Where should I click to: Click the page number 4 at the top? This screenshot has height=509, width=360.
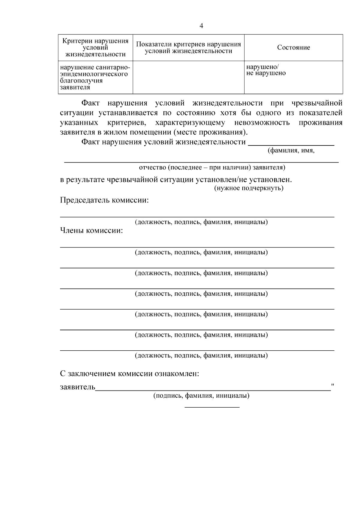tap(201, 26)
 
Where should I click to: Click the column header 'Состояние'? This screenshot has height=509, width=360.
tap(293, 48)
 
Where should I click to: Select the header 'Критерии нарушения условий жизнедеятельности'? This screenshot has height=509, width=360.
tap(95, 48)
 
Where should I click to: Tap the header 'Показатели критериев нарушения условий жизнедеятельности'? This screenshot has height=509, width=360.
tap(188, 48)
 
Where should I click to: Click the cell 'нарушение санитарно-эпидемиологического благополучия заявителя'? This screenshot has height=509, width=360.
tap(95, 77)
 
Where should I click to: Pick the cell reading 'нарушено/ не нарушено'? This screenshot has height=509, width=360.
tap(265, 70)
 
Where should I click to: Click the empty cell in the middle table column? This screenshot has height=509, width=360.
tap(188, 77)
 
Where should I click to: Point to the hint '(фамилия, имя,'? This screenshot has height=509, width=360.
tap(291, 151)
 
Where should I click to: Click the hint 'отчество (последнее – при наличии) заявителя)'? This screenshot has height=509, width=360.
tap(212, 167)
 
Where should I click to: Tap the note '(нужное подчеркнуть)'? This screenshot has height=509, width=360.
tap(249, 188)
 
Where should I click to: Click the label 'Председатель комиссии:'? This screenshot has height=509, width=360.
tap(104, 200)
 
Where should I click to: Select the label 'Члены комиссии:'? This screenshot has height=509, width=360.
tap(91, 231)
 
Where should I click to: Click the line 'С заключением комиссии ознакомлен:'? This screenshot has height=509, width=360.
tap(130, 374)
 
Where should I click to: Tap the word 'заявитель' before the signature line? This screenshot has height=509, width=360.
tap(77, 387)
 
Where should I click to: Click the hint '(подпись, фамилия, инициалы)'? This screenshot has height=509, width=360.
tap(201, 396)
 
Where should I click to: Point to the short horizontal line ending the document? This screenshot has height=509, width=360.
tap(212, 407)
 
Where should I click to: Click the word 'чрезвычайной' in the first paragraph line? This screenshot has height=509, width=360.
tap(317, 103)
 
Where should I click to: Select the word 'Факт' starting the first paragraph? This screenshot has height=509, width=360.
tap(91, 103)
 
